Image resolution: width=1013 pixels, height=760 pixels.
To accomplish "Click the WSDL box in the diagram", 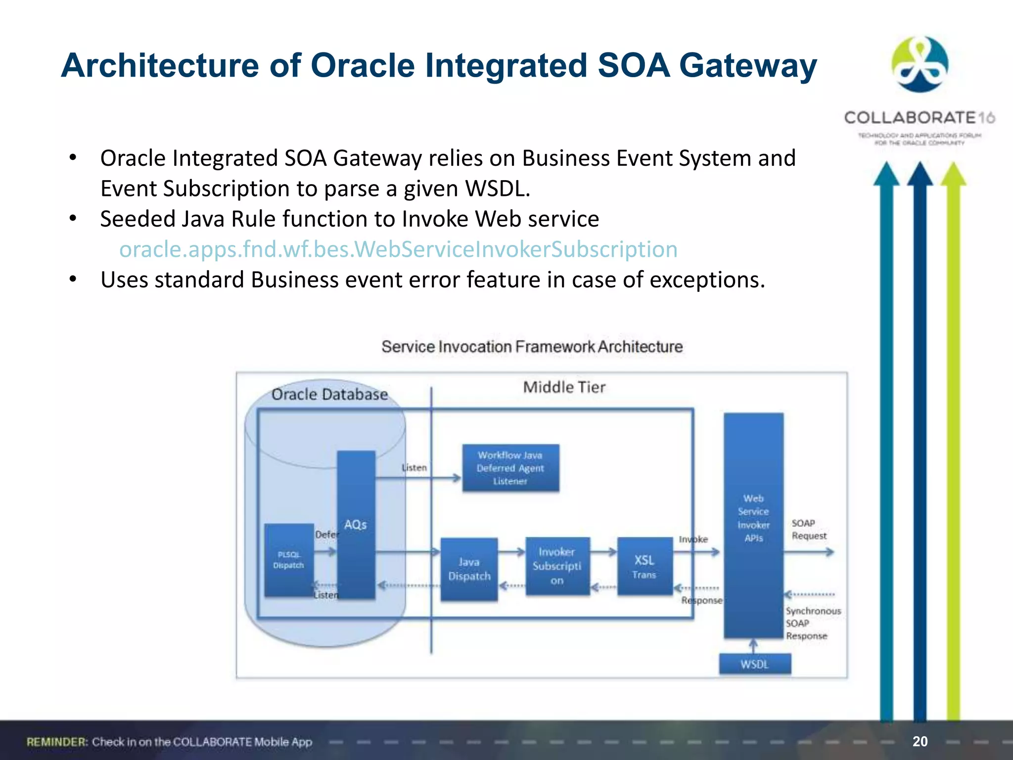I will tap(754, 664).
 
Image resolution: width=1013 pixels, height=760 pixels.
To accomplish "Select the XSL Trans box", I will tap(644, 567).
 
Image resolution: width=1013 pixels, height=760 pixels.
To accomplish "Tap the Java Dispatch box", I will tap(469, 569).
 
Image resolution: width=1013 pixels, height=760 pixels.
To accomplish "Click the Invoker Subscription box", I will tap(557, 566).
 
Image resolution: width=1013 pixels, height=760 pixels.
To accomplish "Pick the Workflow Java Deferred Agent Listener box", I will tap(510, 468).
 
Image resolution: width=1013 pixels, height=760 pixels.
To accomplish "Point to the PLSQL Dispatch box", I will tap(288, 560).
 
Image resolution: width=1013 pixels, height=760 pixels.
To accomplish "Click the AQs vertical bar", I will tap(356, 524).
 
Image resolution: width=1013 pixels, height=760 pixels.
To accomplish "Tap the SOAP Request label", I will tap(808, 529).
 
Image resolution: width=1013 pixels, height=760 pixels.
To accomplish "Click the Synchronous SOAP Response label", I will tap(812, 623).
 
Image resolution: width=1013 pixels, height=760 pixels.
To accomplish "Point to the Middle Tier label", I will tap(564, 387).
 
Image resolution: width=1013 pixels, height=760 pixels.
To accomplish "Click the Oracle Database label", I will tap(329, 394).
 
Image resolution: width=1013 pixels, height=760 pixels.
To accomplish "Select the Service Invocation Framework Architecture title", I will tap(532, 346).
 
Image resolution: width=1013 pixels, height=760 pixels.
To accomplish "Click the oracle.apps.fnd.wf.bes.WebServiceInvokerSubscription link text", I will tap(398, 249).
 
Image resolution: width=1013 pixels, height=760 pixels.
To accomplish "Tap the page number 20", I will tap(920, 741).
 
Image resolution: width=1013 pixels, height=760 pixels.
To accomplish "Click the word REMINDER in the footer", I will tap(57, 742).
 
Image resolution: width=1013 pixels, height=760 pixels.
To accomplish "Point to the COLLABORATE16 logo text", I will tap(919, 118).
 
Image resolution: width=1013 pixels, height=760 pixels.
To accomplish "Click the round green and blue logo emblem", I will tap(920, 64).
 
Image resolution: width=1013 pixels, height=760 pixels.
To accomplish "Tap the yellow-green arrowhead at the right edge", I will tap(953, 174).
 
